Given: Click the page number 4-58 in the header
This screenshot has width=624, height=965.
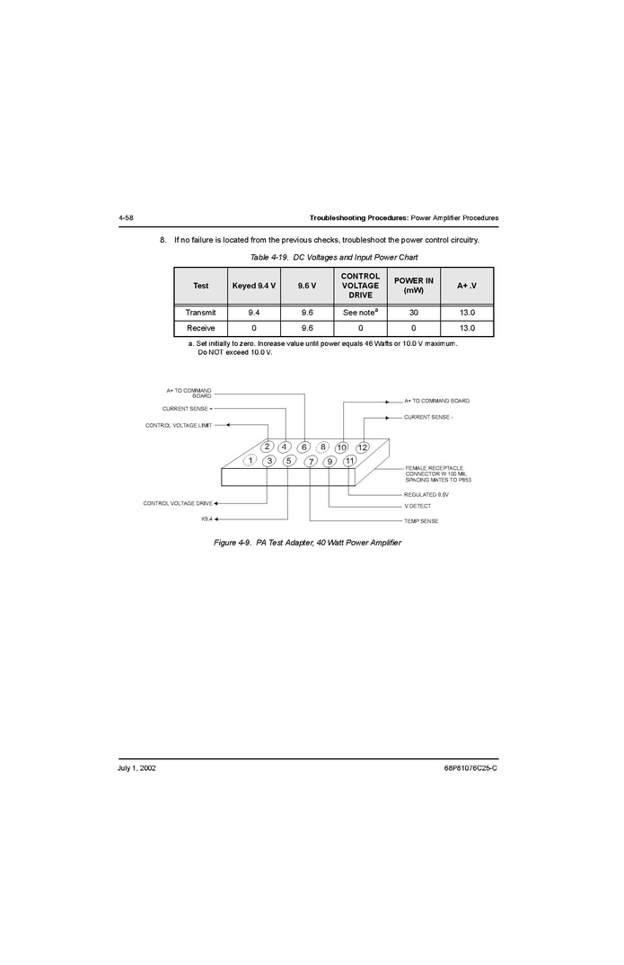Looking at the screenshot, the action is pos(126,217).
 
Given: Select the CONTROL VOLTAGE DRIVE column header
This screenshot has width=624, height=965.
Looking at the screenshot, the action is pos(360,286).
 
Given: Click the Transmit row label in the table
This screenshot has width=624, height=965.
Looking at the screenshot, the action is pos(200,313).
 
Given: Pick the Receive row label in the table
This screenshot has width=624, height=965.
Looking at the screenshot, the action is pos(200,328).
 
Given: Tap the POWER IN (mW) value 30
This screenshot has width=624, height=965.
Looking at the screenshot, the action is pos(414,313).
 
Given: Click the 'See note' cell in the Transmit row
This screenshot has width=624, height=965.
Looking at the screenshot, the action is pos(360,312).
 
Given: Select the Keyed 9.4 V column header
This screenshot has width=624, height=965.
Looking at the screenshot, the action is pos(254,286).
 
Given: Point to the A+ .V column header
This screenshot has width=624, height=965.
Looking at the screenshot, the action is pos(467,286).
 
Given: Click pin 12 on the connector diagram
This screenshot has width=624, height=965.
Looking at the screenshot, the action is pos(363,447).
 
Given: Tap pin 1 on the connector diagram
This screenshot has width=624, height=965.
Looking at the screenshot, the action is pos(250,460).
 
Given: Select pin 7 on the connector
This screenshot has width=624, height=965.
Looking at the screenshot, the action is pos(312,462).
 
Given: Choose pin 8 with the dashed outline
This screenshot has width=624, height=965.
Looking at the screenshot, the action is pos(322,447).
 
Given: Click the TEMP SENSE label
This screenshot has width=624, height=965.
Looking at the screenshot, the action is pos(421,521).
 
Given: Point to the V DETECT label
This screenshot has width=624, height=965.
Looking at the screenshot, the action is pos(417,506).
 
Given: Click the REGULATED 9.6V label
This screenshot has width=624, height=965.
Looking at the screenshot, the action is pos(426,495).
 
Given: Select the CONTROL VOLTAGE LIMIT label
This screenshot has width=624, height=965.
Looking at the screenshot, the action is pos(179,425).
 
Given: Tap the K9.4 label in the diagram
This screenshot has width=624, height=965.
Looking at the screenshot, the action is pos(207,518).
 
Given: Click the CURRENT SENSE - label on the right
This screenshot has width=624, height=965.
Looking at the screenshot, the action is pos(428,417).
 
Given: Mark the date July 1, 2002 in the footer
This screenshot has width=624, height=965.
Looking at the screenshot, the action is pos(136,768).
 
